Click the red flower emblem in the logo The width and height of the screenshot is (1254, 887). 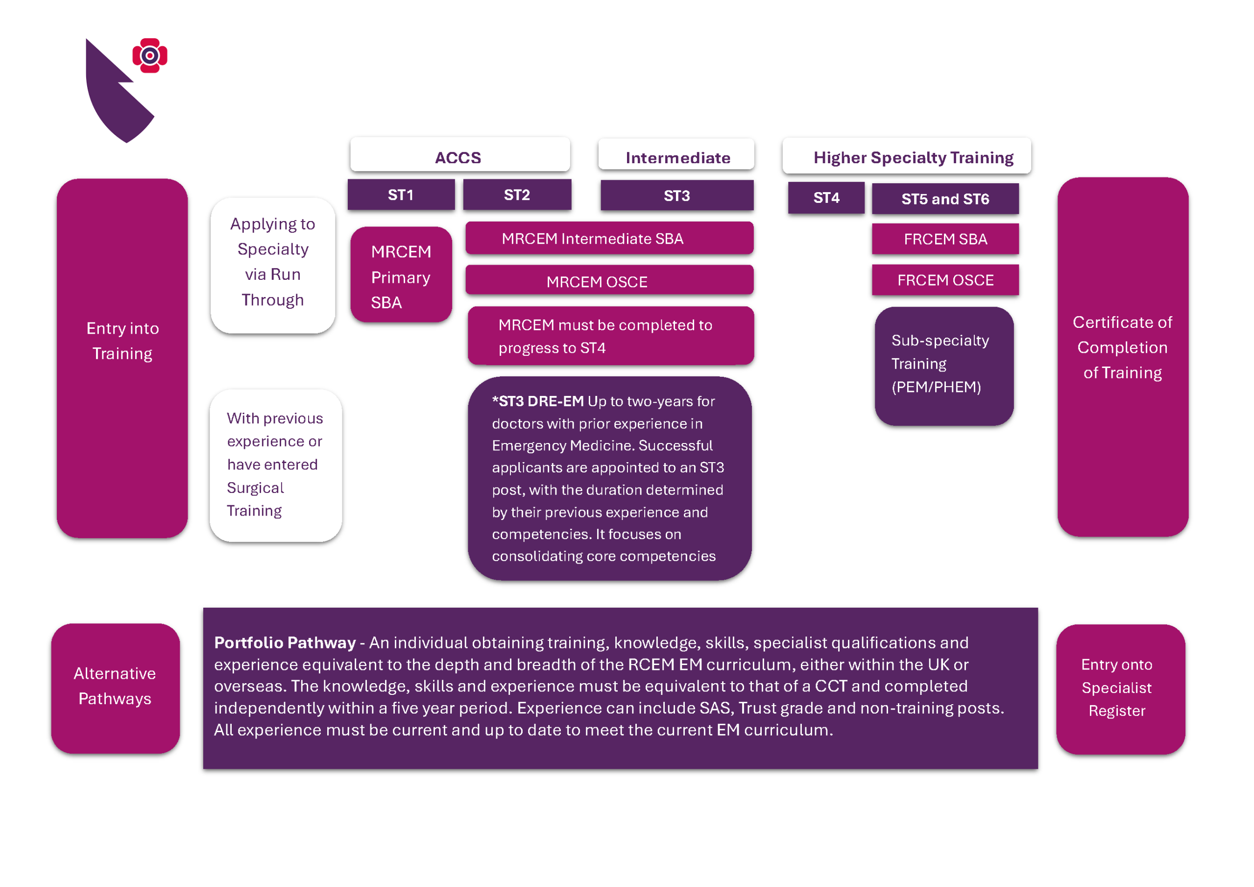(x=150, y=55)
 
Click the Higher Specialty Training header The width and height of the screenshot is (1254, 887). (x=907, y=157)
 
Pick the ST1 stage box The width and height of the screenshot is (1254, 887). (x=401, y=195)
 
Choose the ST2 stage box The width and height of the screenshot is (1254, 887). (x=517, y=195)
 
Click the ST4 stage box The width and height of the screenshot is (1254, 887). (x=826, y=197)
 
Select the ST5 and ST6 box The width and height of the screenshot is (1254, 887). (x=945, y=198)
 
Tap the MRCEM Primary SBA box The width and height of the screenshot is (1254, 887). (x=401, y=275)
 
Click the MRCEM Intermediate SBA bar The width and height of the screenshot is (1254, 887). (x=609, y=238)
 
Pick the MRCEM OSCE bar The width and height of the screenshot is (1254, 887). (x=609, y=281)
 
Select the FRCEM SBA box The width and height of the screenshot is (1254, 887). (x=945, y=239)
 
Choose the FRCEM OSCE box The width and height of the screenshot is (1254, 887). (x=945, y=280)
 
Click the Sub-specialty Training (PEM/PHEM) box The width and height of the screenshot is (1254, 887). (x=944, y=365)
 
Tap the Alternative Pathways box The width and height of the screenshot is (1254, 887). (x=115, y=688)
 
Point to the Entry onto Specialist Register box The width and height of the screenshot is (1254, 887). (x=1120, y=689)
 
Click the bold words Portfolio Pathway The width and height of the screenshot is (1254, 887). (x=285, y=642)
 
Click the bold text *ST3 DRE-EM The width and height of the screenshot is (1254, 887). (x=537, y=401)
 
